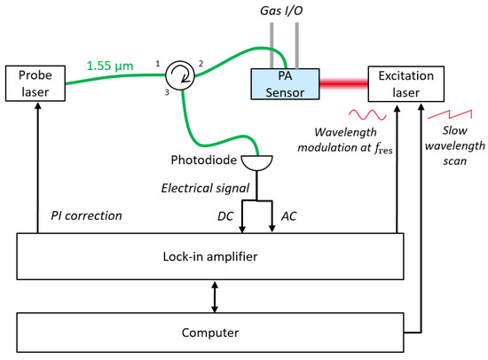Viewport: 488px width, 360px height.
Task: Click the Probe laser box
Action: tap(35, 83)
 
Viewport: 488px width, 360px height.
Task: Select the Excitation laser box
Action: tap(405, 84)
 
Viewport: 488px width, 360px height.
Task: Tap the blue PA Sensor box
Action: tap(285, 84)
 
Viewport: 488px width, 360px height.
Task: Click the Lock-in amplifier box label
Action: tap(210, 256)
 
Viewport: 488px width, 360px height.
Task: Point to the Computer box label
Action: tap(210, 333)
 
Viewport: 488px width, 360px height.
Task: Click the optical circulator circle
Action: tap(179, 75)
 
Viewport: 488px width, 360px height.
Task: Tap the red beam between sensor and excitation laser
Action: tap(344, 83)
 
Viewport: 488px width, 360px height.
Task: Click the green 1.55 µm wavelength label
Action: tap(110, 66)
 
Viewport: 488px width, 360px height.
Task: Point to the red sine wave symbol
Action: tap(367, 114)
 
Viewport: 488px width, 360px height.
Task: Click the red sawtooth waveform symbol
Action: tap(450, 114)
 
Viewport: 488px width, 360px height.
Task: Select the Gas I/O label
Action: tap(281, 11)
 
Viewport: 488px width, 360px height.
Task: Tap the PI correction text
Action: tap(86, 215)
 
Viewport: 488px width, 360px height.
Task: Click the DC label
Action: tap(225, 216)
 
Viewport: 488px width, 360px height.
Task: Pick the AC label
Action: tap(289, 216)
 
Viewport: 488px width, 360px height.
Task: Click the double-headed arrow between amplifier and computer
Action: tap(215, 296)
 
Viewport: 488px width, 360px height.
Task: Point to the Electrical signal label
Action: tap(205, 188)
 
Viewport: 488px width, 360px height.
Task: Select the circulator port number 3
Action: tap(167, 92)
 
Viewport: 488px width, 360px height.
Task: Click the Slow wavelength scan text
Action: tap(454, 145)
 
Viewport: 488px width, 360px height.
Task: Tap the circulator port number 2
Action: tap(201, 64)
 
